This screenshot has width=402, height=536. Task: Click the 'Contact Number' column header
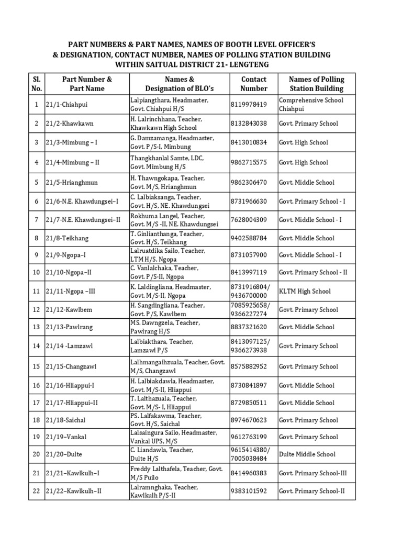click(x=253, y=84)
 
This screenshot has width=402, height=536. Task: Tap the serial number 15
click(x=36, y=366)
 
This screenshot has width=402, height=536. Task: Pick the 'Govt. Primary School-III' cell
click(x=314, y=473)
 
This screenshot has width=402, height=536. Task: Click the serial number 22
click(x=36, y=491)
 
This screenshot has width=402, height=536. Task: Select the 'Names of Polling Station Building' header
click(x=317, y=84)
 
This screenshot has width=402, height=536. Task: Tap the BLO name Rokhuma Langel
click(x=155, y=216)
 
